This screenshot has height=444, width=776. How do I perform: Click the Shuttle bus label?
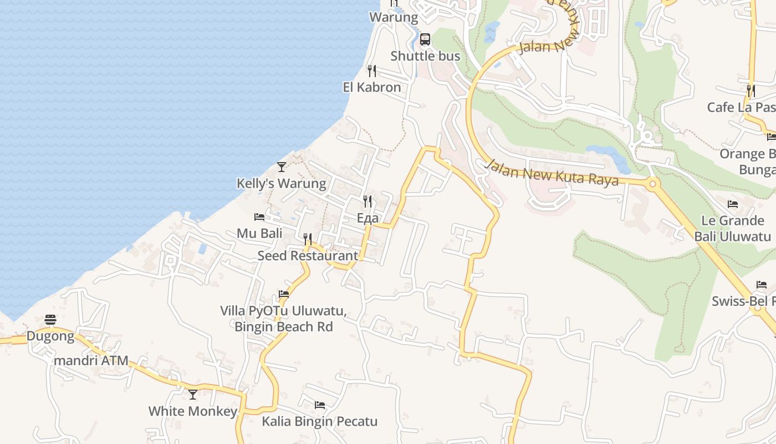(x=425, y=56)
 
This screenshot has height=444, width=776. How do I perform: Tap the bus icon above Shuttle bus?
(x=425, y=39)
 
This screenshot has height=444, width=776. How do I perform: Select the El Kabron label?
(x=372, y=87)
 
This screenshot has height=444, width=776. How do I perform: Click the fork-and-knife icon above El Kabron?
(x=372, y=71)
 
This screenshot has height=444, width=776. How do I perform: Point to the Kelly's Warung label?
(x=282, y=183)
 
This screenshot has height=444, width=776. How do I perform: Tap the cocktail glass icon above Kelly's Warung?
(x=282, y=167)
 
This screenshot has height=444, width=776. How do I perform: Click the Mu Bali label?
(x=259, y=233)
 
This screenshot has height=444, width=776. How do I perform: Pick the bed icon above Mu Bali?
(x=259, y=216)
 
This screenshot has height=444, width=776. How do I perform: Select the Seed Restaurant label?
(x=308, y=255)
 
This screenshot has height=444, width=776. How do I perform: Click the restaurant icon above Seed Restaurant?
(x=308, y=239)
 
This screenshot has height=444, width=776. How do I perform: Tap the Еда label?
(x=367, y=218)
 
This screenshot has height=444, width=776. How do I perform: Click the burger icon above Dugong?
(x=50, y=320)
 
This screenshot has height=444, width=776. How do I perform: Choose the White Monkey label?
(x=193, y=411)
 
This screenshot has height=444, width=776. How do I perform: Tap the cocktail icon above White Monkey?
(x=193, y=395)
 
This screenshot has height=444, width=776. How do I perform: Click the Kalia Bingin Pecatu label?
(x=320, y=421)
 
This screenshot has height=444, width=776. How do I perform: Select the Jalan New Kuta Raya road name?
(x=552, y=173)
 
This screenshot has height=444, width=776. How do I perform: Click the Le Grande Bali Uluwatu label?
(x=733, y=228)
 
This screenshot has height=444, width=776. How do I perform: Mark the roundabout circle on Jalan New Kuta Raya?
(x=652, y=184)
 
